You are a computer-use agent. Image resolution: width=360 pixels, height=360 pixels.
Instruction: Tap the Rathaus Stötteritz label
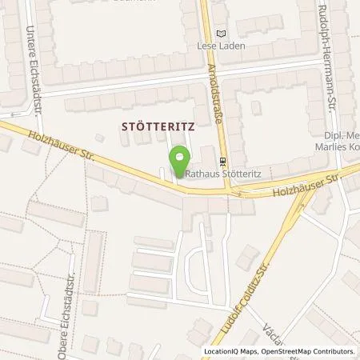click(219, 170)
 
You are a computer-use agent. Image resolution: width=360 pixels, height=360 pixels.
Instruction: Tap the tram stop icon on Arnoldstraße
click(223, 160)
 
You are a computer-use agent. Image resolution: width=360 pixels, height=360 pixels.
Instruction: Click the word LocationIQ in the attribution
click(222, 351)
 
